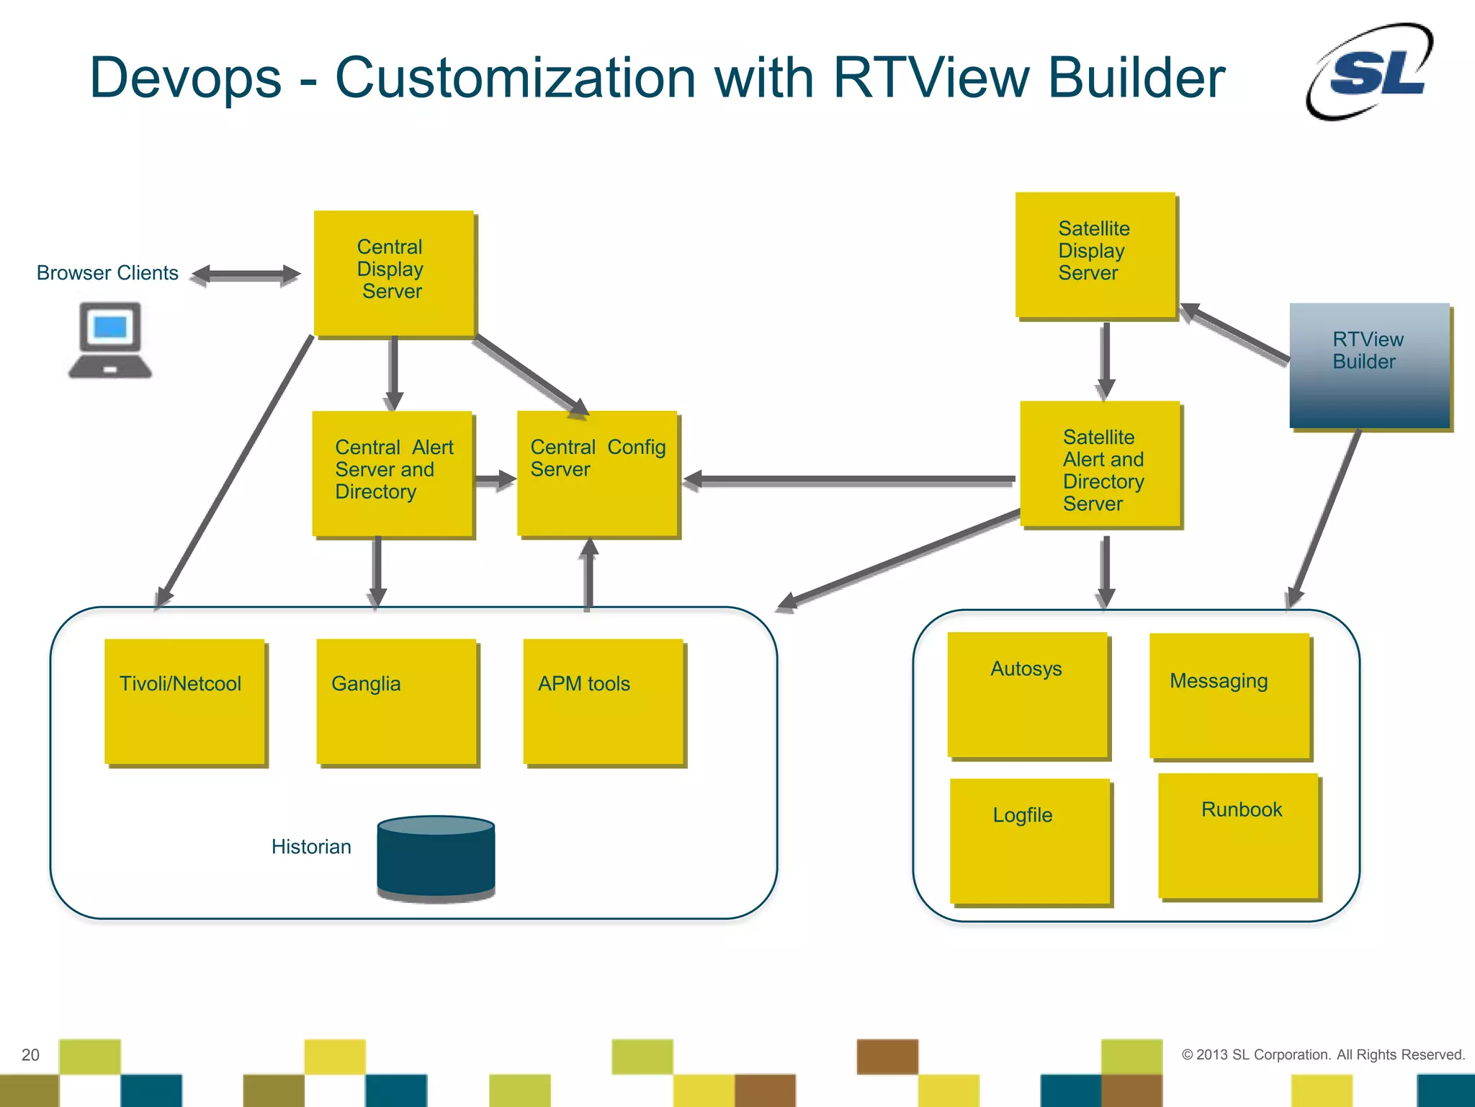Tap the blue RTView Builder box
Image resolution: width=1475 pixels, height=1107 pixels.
1369,365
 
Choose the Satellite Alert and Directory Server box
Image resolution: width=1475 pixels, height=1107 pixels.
1100,464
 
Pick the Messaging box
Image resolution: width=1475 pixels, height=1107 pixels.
1229,695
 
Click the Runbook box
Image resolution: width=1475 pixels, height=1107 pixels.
1238,835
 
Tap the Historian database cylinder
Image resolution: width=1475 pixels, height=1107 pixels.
436,858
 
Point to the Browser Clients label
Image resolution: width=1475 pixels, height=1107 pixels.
107,273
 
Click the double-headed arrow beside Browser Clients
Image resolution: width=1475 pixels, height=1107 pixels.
246,275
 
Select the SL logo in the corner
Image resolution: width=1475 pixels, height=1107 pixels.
1369,71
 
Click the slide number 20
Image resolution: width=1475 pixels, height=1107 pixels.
30,1054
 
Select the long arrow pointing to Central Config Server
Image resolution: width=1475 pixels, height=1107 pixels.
850,479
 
